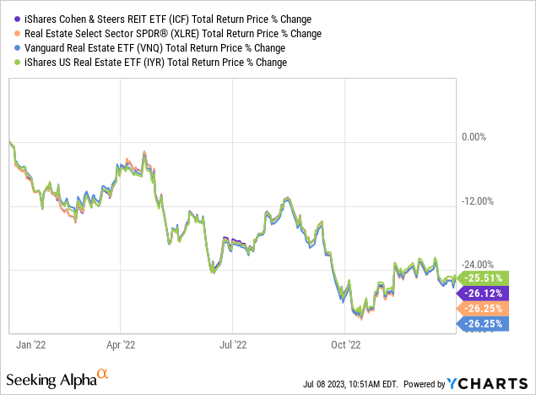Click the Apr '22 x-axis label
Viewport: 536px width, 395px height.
tap(122, 344)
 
